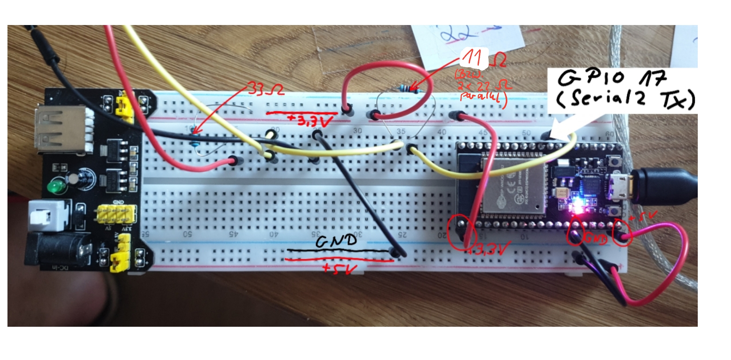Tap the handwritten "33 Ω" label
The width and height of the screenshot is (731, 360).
click(266, 90)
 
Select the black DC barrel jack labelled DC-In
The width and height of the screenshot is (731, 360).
click(56, 248)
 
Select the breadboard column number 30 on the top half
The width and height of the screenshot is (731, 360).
click(357, 131)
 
